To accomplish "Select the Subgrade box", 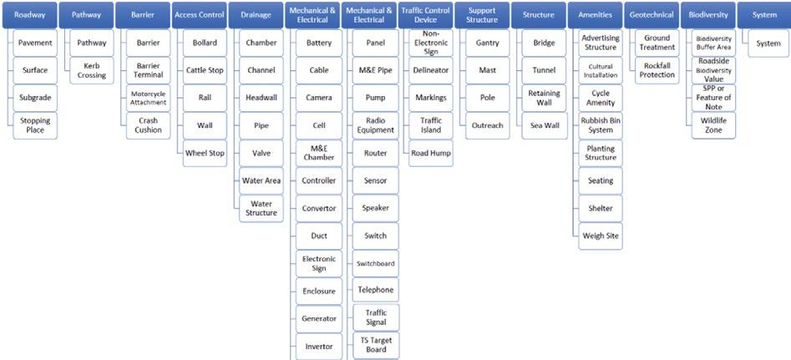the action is (x=35, y=98).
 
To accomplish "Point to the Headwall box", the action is (x=261, y=98).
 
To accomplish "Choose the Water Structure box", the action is (x=261, y=208).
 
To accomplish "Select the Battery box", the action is (x=318, y=43).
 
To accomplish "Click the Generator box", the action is (x=318, y=318).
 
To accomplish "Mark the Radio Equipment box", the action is (x=376, y=125).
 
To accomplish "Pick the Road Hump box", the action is (x=431, y=153).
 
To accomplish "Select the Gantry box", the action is (x=487, y=43).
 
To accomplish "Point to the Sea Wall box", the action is (x=544, y=125).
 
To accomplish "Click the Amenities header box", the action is (x=595, y=15).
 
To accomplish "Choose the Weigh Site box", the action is (x=601, y=236).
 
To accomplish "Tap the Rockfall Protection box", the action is (x=657, y=70).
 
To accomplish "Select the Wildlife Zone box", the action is (x=713, y=125).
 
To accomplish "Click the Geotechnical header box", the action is (x=652, y=15).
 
